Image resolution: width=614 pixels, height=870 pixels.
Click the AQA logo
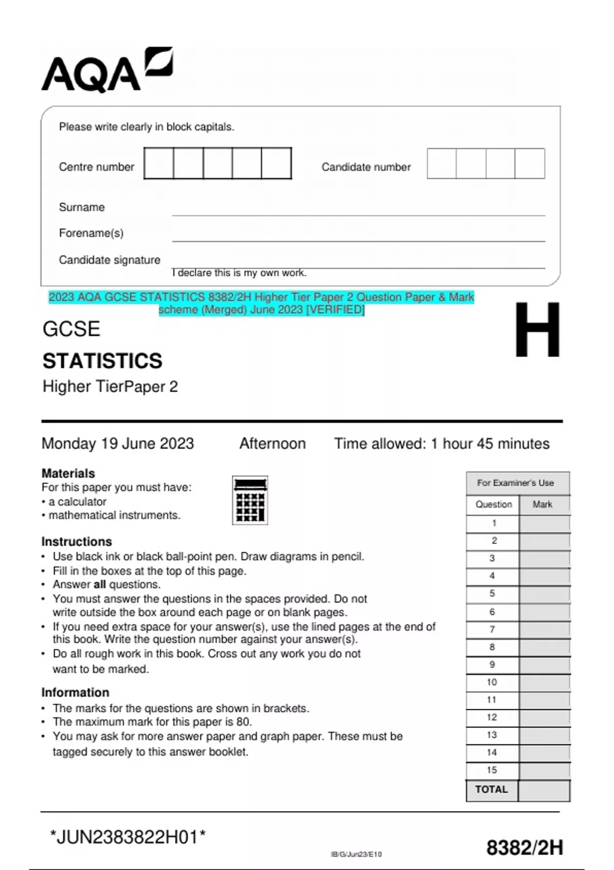[x=106, y=71]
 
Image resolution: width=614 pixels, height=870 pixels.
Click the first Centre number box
[x=159, y=163]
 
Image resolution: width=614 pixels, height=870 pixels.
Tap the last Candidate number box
[x=530, y=163]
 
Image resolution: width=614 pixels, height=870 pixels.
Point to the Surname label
[x=81, y=207]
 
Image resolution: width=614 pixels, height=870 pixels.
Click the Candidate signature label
[x=109, y=260]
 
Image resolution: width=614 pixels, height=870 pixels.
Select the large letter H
[x=537, y=330]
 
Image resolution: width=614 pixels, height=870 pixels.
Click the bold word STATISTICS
[x=102, y=361]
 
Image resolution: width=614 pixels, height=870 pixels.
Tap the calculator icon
[x=250, y=500]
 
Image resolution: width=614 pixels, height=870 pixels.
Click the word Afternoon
[x=272, y=443]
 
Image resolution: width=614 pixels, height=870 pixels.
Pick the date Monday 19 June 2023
[x=118, y=443]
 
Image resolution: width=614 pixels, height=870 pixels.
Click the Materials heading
[x=68, y=473]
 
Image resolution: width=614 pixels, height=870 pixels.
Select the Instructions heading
[x=76, y=541]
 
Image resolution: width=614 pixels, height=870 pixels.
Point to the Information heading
[x=75, y=692]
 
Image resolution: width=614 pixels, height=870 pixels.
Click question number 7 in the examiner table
[x=492, y=629]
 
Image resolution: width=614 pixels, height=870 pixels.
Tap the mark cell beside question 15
[x=544, y=770]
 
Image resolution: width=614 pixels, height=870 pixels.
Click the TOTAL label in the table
[x=491, y=790]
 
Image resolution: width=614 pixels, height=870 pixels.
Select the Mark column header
[x=542, y=504]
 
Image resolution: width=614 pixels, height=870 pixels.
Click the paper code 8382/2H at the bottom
[x=524, y=848]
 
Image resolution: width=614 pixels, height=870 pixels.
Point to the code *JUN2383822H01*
[x=127, y=837]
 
